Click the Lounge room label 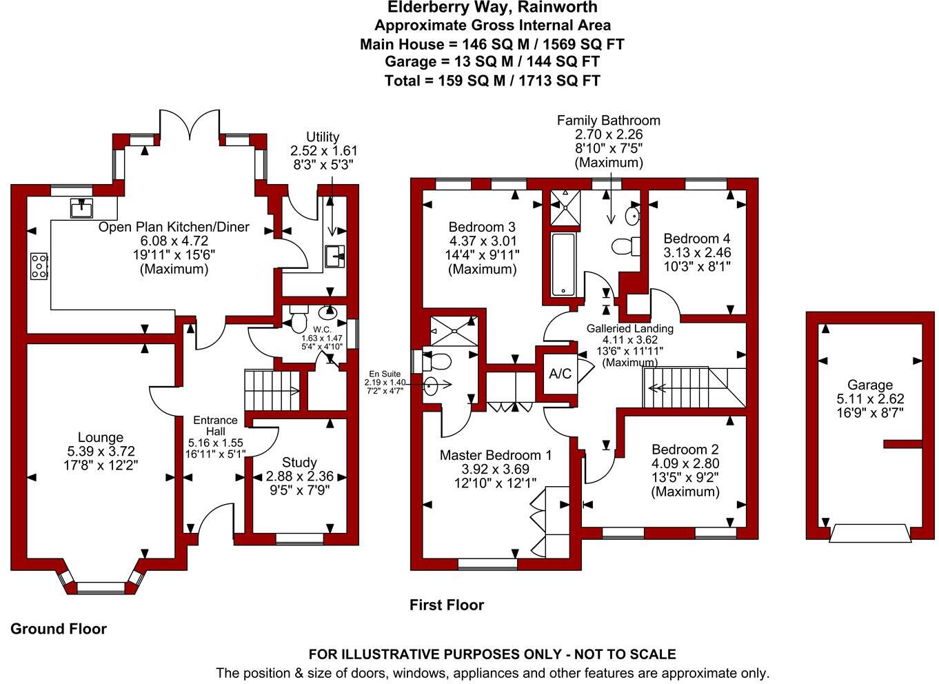(101, 437)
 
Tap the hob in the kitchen (39, 266)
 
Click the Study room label (299, 462)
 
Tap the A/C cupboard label (560, 374)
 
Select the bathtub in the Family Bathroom (563, 265)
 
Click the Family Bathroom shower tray (565, 208)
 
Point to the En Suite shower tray (454, 331)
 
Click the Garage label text (870, 385)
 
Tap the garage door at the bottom (870, 534)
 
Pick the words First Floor (447, 605)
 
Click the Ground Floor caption (59, 629)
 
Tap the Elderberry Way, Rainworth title (492, 8)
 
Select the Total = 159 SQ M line (492, 81)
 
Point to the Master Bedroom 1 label (496, 455)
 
